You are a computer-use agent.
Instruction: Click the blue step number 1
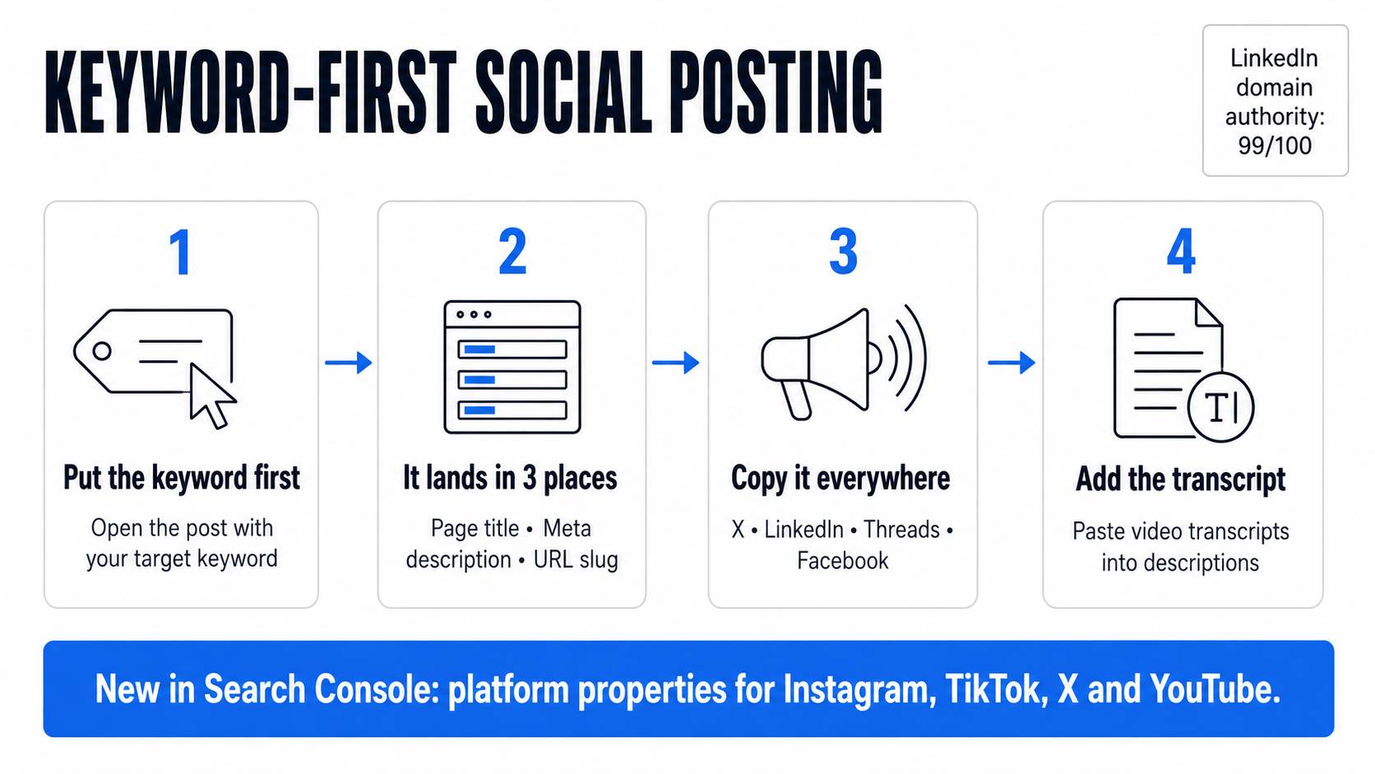[x=180, y=252]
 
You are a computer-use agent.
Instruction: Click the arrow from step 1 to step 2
[x=348, y=363]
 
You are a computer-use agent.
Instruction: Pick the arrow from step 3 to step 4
[x=1011, y=363]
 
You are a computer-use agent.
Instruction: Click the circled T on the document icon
[x=1221, y=406]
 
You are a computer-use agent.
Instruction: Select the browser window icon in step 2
[x=512, y=367]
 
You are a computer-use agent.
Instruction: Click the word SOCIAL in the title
[x=562, y=92]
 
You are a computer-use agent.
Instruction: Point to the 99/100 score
[x=1275, y=146]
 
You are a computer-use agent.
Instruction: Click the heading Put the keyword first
[x=182, y=478]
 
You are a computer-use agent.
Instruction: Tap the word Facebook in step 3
[x=842, y=560]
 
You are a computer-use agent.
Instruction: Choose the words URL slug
[x=576, y=560]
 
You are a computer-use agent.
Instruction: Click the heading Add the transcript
[x=1180, y=479]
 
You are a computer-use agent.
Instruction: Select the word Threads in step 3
[x=902, y=529]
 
